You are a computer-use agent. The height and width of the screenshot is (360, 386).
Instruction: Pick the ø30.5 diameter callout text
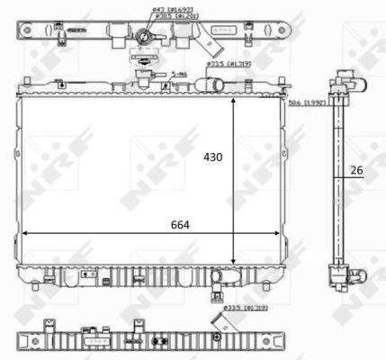163,16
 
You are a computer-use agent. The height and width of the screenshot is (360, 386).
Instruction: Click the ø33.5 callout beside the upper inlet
221,64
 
